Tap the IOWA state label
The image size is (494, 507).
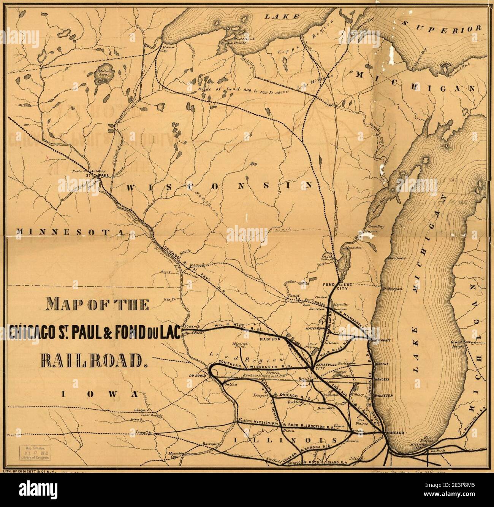tap(99, 394)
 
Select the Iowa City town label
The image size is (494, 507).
tap(146, 432)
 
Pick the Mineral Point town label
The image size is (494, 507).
tap(239, 345)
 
